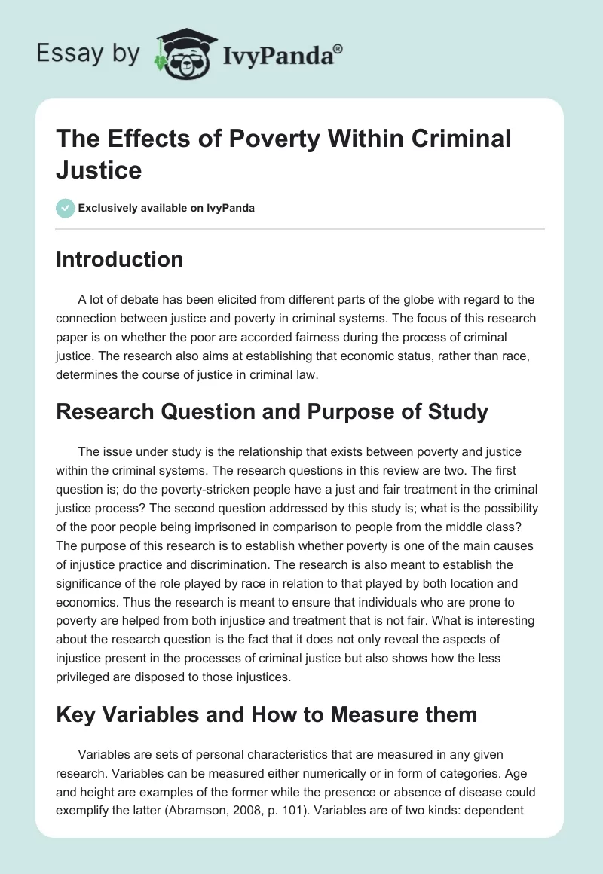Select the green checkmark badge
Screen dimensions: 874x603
point(65,208)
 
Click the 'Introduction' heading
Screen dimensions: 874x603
point(120,259)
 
